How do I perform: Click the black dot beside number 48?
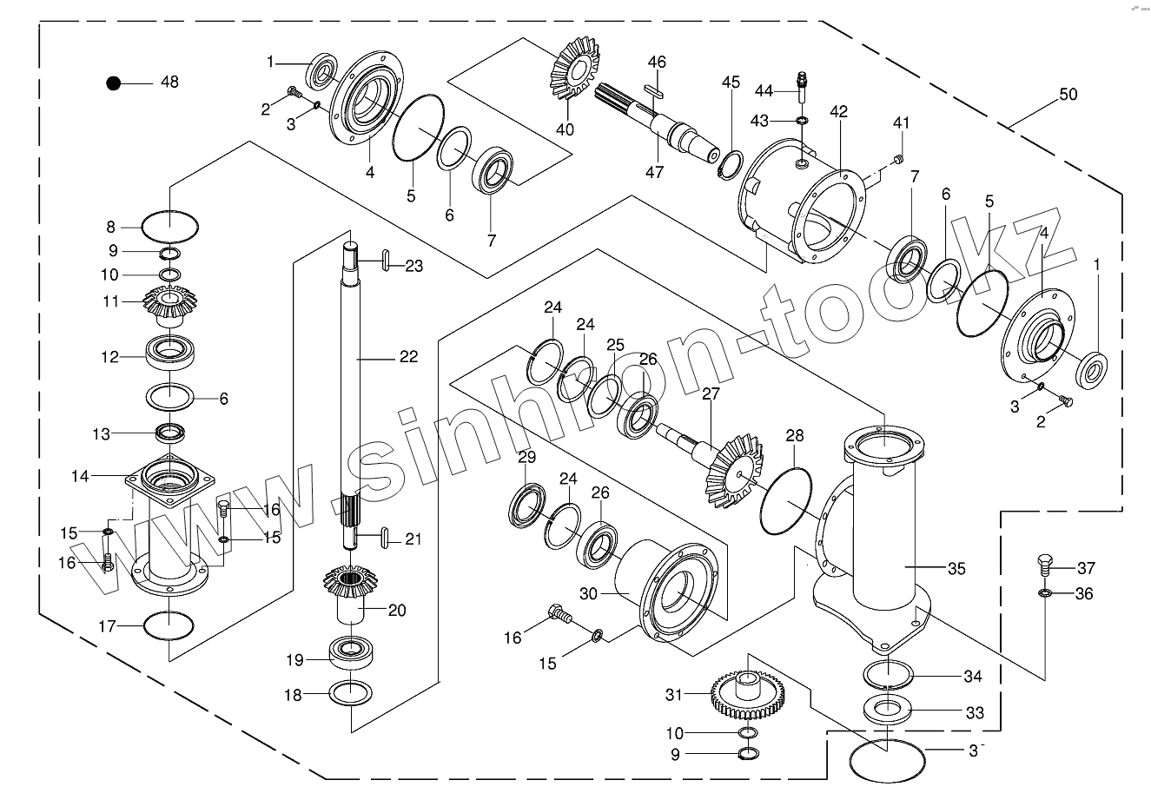[x=113, y=83]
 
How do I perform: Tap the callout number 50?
[x=1068, y=95]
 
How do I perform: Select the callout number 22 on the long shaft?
[x=407, y=356]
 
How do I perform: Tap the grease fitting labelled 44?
[x=801, y=83]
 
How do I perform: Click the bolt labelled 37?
[x=1045, y=565]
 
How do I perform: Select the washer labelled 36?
[x=1045, y=593]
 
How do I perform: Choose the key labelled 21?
[x=382, y=539]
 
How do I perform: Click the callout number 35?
[x=956, y=569]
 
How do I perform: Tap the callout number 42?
[x=838, y=112]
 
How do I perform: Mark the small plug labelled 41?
[x=899, y=158]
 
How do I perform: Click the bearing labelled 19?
[x=351, y=651]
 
